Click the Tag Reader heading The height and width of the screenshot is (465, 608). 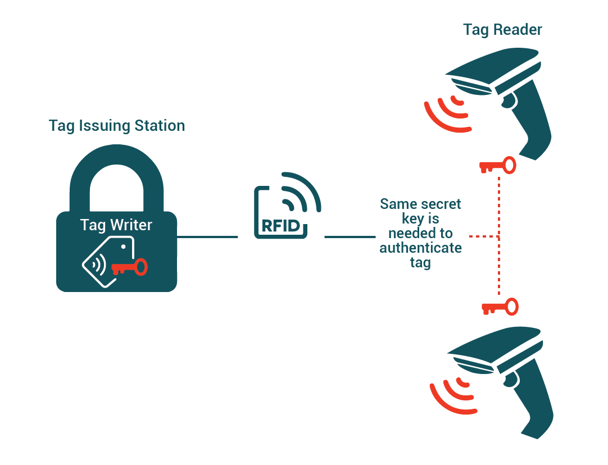[x=502, y=30]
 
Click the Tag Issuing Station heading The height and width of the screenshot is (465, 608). [x=117, y=125]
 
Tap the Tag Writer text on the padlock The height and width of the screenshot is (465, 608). [x=116, y=225]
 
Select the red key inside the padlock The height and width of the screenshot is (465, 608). [x=130, y=266]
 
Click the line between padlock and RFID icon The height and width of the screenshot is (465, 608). [x=208, y=237]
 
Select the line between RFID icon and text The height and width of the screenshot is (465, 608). [x=350, y=237]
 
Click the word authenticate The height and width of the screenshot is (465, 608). [x=420, y=248]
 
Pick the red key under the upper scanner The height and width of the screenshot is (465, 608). [x=497, y=166]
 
